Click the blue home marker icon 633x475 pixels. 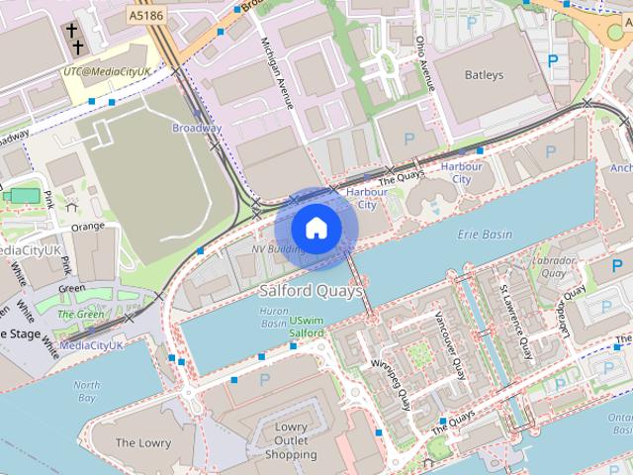[316, 229]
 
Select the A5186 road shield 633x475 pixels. [144, 17]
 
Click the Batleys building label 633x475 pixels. [483, 74]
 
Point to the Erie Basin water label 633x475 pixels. [486, 235]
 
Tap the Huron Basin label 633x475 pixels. [273, 317]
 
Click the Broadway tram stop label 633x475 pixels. [196, 129]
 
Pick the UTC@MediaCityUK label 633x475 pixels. [107, 72]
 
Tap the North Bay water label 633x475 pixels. [87, 391]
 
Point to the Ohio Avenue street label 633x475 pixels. [423, 61]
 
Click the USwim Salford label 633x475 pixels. [307, 328]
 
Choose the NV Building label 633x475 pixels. [278, 249]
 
